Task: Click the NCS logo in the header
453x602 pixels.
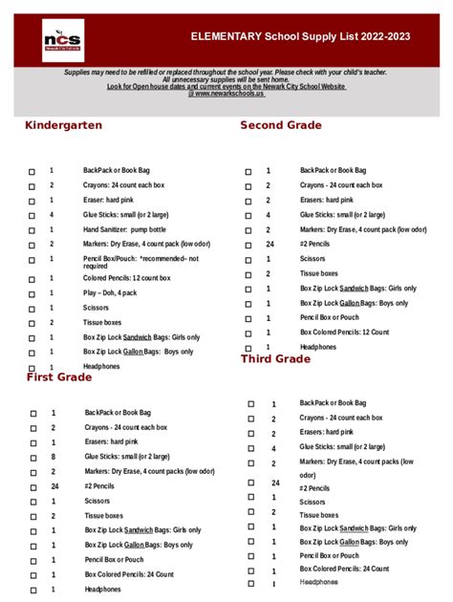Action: pos(63,40)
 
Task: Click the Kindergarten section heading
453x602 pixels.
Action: pos(63,126)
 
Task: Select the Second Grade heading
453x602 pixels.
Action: pos(281,125)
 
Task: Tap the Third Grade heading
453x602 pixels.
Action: pos(275,359)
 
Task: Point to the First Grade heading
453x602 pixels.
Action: pos(58,377)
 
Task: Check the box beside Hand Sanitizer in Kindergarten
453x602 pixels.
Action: pos(32,230)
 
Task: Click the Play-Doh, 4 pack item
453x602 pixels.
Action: pos(110,292)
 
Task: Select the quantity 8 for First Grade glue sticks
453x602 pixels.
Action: pos(54,457)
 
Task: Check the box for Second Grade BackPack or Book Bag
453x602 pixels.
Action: pos(248,171)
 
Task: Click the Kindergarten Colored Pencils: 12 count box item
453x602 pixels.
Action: pos(126,278)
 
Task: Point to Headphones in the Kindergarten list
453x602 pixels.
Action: pos(101,366)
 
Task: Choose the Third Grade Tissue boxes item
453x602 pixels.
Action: pos(318,514)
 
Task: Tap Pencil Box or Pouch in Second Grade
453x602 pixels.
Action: pos(329,317)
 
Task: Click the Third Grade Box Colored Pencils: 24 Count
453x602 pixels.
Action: pos(344,569)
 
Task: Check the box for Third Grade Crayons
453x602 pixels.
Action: pos(251,419)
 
